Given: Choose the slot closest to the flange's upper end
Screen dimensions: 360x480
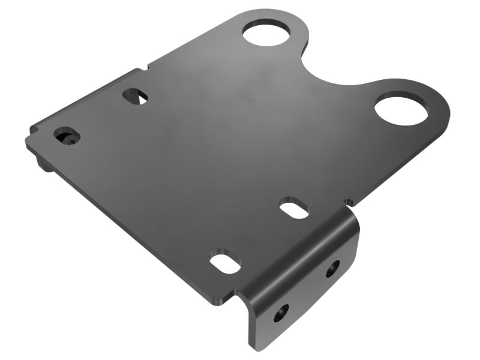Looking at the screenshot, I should pyautogui.click(x=293, y=209).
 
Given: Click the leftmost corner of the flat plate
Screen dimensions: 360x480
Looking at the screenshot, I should pyautogui.click(x=27, y=142).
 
